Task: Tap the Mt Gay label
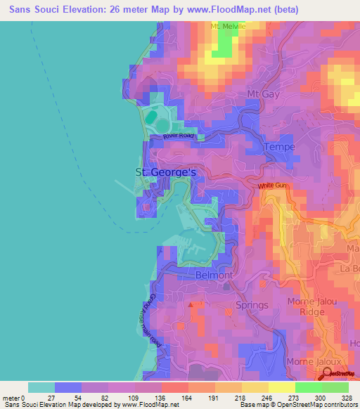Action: tap(262, 94)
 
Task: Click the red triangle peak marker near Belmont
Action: tap(191, 305)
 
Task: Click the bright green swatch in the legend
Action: tap(309, 387)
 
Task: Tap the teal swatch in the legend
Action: tap(41, 387)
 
